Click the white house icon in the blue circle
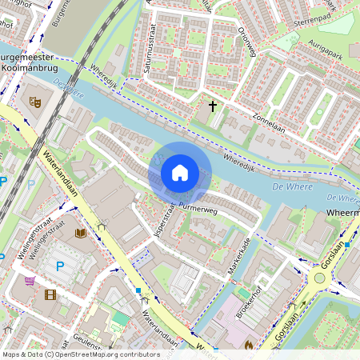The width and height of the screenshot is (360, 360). click(x=180, y=172)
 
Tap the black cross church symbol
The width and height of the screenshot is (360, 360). click(x=213, y=105)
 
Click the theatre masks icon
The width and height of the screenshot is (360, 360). click(x=34, y=102)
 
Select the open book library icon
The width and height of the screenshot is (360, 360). click(x=80, y=233)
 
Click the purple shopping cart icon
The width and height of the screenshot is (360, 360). click(x=30, y=281)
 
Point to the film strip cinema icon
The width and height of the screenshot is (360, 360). click(x=50, y=294)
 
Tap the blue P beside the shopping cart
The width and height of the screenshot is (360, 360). click(x=58, y=266)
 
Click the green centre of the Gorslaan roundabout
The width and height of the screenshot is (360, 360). click(x=320, y=278)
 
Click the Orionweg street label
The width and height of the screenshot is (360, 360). click(x=247, y=36)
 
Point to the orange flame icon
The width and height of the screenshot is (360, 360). click(x=249, y=345)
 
